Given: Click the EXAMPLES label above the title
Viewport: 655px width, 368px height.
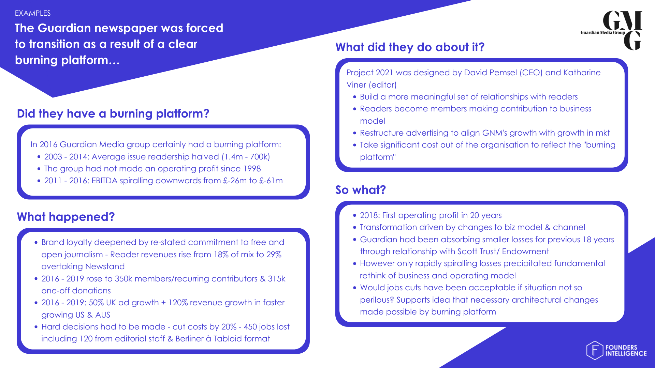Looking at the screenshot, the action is [x=33, y=13].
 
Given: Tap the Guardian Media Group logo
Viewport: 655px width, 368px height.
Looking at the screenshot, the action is [x=611, y=30].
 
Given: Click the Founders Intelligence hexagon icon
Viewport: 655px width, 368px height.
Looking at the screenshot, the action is [x=595, y=350].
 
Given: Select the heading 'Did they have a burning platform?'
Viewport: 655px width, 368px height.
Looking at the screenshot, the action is [x=113, y=113].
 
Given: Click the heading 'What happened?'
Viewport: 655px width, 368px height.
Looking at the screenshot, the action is [x=66, y=217].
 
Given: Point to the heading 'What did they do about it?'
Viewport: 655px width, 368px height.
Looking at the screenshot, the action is [x=410, y=47].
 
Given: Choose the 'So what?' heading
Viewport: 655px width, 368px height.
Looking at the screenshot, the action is [x=360, y=190].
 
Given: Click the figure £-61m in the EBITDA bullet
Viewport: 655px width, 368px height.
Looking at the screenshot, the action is [x=271, y=181].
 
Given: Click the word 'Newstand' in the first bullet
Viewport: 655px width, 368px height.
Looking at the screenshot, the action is [x=105, y=266].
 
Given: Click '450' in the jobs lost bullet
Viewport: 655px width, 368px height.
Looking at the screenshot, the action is [x=251, y=327].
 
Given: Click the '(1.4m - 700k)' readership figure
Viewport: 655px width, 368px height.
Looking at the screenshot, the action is [x=246, y=157].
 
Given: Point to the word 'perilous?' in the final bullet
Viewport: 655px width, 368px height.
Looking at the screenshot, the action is [x=377, y=300].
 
